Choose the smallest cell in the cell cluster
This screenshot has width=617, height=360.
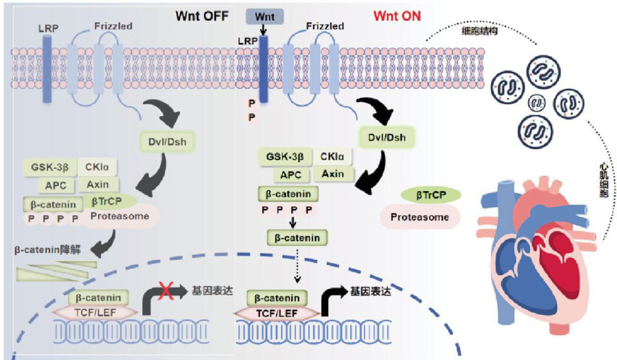[537, 102]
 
